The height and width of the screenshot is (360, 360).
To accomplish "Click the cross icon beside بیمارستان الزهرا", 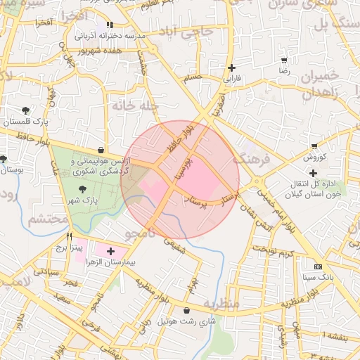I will [x=110, y=251].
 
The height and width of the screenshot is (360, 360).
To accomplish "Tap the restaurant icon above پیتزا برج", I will [x=69, y=236].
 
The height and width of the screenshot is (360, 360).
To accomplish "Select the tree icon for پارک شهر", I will [x=83, y=189].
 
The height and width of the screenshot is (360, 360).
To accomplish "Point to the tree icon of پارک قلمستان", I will [x=26, y=110].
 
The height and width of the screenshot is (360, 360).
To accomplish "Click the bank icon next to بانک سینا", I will [x=319, y=266].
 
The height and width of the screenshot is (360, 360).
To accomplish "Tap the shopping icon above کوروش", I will [x=314, y=146].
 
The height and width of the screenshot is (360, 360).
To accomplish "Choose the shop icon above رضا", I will [x=284, y=60].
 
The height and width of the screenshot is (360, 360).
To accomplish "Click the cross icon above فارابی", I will [x=231, y=67].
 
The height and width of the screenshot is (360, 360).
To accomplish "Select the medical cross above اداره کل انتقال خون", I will [x=313, y=173].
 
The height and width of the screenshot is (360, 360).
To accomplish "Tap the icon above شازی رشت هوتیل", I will [x=186, y=310].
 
